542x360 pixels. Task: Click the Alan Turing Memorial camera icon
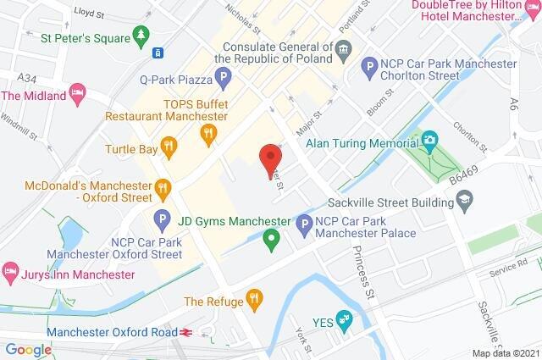point(430,139)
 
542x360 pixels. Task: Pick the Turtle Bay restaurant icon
point(170,148)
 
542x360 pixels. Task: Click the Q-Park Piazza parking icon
point(223,80)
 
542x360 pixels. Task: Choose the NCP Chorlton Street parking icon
point(368,64)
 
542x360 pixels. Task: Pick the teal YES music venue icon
point(344,318)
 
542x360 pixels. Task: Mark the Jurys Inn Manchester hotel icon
point(11,274)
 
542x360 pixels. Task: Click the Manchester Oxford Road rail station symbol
point(185,332)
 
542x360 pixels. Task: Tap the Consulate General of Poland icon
point(344,50)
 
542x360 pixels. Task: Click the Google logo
point(28,349)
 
